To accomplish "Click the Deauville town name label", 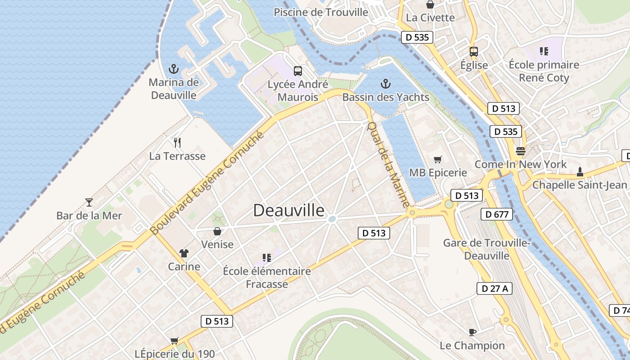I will click(288, 210).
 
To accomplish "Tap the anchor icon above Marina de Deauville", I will click(173, 69).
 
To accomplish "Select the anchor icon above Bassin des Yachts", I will click(385, 84).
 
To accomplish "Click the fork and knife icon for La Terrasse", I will click(177, 143).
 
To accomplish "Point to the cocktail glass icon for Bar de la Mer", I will click(89, 202).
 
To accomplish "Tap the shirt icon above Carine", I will click(184, 253).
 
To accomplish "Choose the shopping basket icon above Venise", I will click(217, 231).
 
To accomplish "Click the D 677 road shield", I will click(497, 214).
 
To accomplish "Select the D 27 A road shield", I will click(495, 288).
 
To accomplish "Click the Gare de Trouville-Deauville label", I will click(487, 249).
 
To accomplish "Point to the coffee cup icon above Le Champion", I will click(472, 332).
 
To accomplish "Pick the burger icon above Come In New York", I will click(521, 151).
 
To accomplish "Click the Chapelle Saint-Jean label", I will click(580, 185).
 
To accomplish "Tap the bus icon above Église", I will click(474, 51).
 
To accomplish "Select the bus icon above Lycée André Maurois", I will click(298, 71).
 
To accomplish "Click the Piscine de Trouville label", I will click(321, 12).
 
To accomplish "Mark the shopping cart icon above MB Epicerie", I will click(437, 159).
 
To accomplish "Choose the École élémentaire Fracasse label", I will click(267, 278).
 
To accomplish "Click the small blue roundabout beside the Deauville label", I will click(332, 219).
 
